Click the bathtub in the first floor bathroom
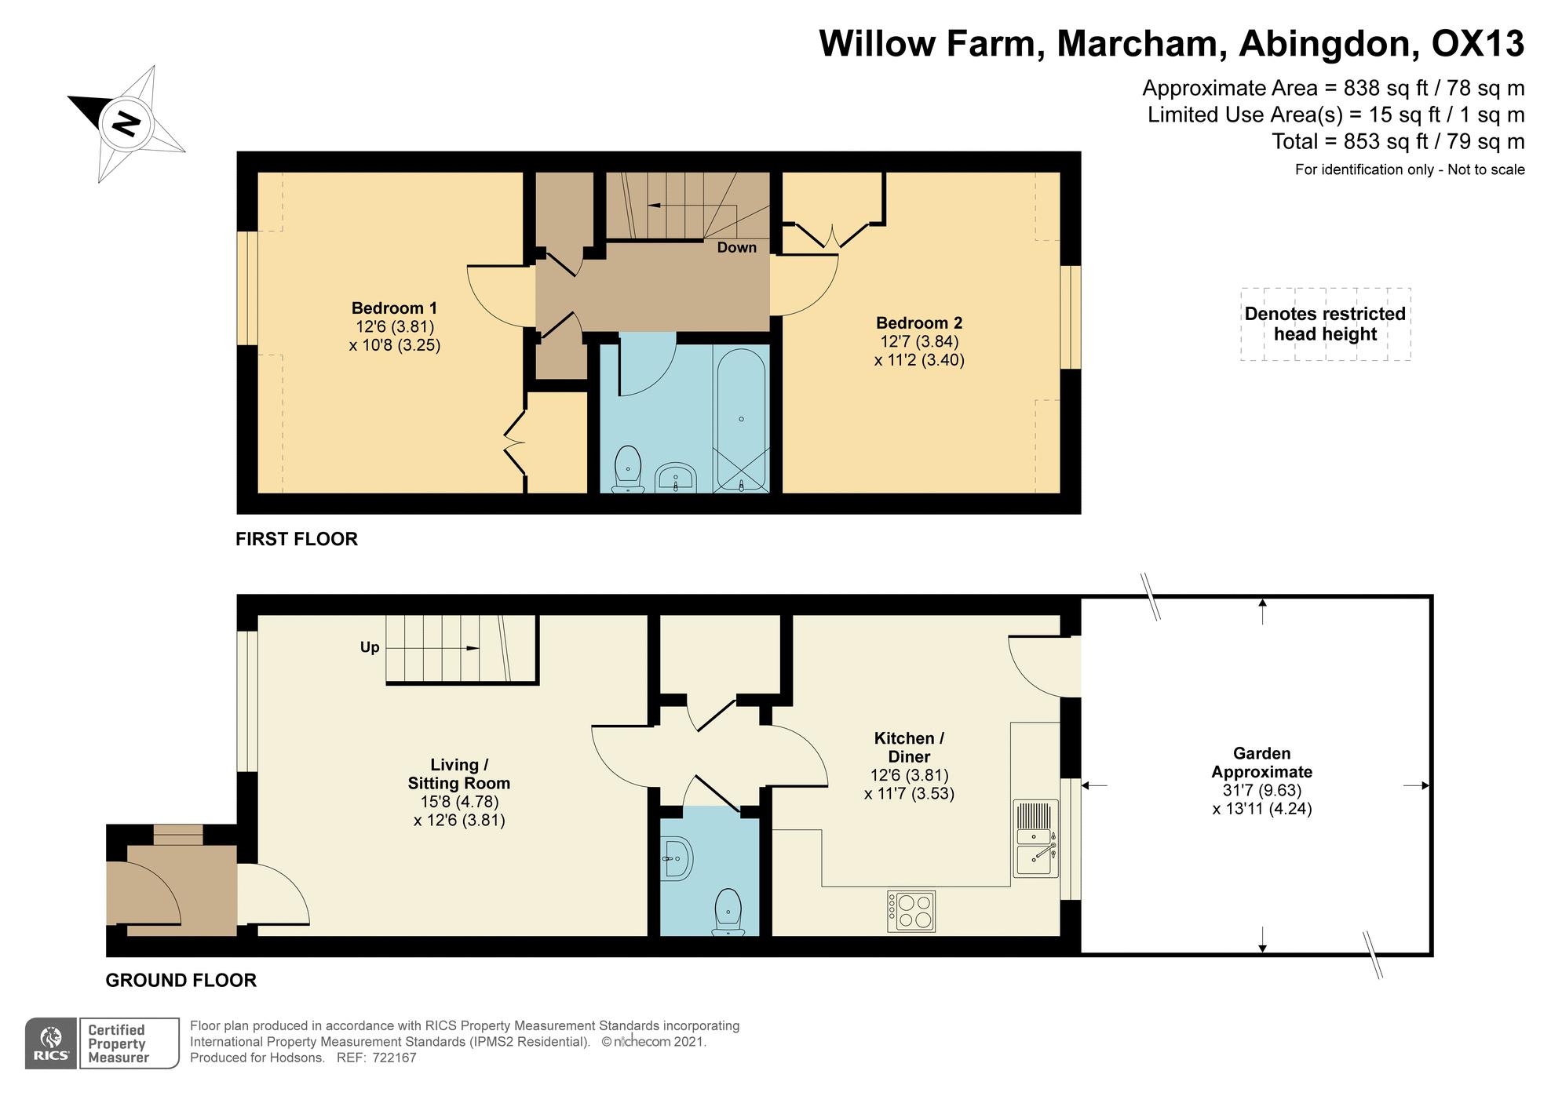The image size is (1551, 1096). pos(741,419)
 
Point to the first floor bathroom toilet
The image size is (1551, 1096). pos(628,469)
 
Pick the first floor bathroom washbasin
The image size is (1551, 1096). pos(676,477)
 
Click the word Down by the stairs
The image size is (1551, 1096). pos(737,248)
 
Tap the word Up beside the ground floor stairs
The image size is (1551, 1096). pos(370,647)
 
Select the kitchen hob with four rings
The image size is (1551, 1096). pos(911,911)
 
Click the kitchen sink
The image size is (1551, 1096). pos(1036,839)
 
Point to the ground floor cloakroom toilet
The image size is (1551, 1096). pos(728,912)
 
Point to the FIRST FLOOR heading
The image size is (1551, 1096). pos(297,539)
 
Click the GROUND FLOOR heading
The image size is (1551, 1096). pos(181,981)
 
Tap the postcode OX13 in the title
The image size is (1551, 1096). pos(1478,43)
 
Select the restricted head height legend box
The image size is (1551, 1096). pos(1326,324)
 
